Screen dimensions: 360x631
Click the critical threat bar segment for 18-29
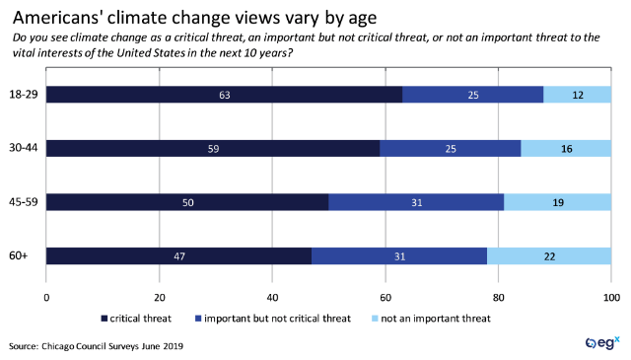[x=224, y=95]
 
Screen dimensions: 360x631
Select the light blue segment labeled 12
[x=577, y=95]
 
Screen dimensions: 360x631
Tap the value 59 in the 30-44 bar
[x=213, y=148]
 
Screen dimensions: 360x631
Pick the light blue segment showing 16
[x=566, y=148]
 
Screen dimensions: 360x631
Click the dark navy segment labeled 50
[x=187, y=202]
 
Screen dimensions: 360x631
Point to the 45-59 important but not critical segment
[x=416, y=202]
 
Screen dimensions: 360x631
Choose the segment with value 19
[x=557, y=202]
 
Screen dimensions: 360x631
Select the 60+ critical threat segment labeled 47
[x=178, y=255]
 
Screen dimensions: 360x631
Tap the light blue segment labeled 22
[x=549, y=255]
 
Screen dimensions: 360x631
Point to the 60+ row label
[x=20, y=255]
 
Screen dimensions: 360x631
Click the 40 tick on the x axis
[x=272, y=296]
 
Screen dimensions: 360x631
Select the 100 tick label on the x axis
[x=610, y=296]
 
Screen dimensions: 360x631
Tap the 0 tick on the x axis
[x=46, y=296]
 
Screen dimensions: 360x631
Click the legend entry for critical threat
[x=139, y=318]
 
